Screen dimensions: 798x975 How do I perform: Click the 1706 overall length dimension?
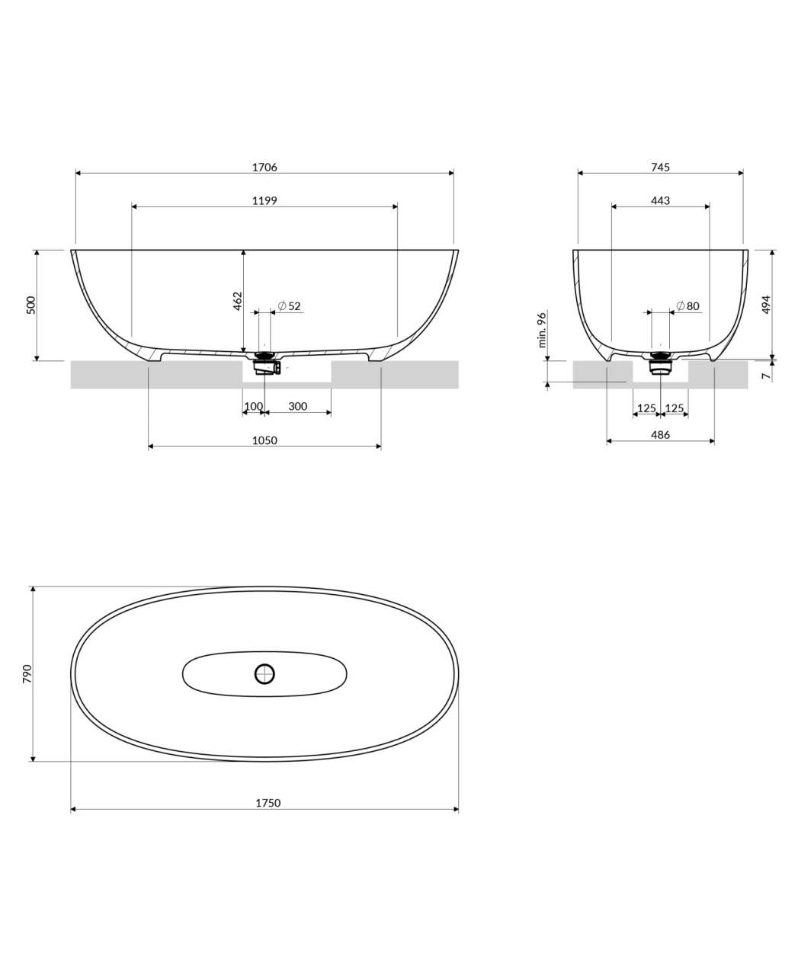click(x=264, y=167)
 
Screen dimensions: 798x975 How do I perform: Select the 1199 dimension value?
click(x=264, y=200)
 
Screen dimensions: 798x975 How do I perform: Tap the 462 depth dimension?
click(x=237, y=301)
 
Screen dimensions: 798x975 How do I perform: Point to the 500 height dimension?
click(x=31, y=305)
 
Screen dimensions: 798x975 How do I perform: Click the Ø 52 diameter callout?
click(x=289, y=305)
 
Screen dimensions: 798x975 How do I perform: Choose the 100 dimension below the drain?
click(x=254, y=406)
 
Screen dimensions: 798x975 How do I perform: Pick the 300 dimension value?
click(x=297, y=406)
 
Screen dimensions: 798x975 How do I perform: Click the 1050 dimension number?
click(x=264, y=440)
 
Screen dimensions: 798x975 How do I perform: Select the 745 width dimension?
click(x=660, y=167)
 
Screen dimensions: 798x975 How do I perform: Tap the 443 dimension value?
click(x=660, y=200)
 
